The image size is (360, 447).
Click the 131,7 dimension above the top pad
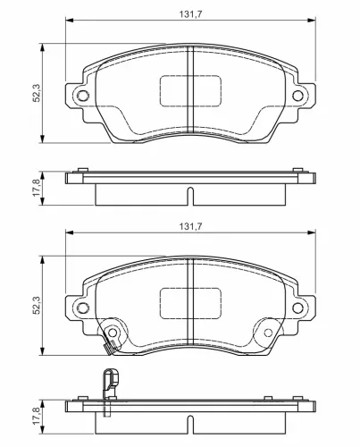pos(190,14)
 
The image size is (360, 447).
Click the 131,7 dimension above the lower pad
pos(190,226)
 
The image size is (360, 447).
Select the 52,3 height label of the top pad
pos(37,93)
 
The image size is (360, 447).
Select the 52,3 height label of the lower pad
pos(37,305)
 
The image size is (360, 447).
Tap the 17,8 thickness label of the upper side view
pos(37,188)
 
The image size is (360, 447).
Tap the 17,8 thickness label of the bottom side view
pos(37,416)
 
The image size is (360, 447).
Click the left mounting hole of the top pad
pos(83,96)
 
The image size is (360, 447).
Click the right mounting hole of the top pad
pos(297,96)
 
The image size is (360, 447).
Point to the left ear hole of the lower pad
pos(83,308)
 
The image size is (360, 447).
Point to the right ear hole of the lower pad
pos(297,308)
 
